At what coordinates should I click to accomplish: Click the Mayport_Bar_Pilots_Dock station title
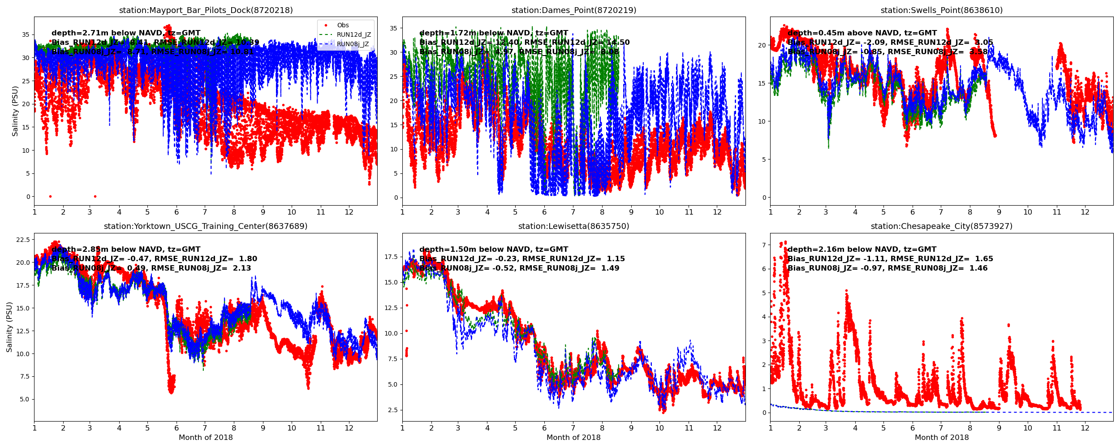coord(206,10)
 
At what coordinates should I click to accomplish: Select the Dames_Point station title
coord(573,10)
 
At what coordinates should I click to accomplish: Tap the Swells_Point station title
coord(941,10)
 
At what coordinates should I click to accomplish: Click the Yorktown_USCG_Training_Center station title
coord(206,226)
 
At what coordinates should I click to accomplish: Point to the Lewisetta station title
coord(573,226)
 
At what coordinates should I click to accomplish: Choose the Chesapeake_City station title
coord(941,226)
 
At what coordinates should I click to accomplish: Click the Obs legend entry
coord(343,26)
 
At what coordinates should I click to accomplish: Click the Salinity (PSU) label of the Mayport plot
coord(15,111)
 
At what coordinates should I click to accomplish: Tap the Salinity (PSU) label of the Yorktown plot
coord(9,327)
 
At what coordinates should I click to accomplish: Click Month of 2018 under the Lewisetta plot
coord(573,438)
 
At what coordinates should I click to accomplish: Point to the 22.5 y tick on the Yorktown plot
coord(22,240)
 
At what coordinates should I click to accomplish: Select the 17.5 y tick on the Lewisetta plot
coord(390,257)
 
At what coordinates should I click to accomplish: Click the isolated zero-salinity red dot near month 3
coord(95,196)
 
